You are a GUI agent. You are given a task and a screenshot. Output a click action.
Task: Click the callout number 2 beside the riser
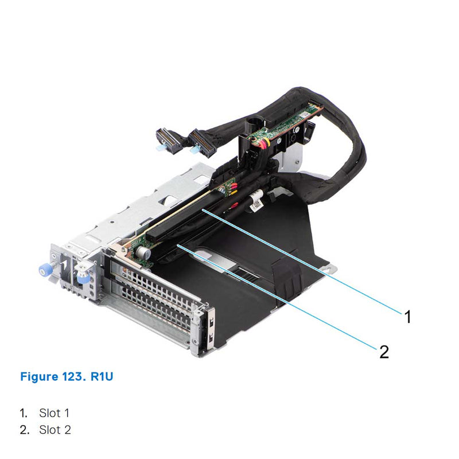pyautogui.click(x=384, y=351)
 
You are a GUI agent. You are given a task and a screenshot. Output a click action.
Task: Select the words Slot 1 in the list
pyautogui.click(x=55, y=413)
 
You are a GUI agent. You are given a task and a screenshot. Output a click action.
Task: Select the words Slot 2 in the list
pyautogui.click(x=55, y=430)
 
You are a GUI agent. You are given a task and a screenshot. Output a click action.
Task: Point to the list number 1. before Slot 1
pyautogui.click(x=24, y=413)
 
